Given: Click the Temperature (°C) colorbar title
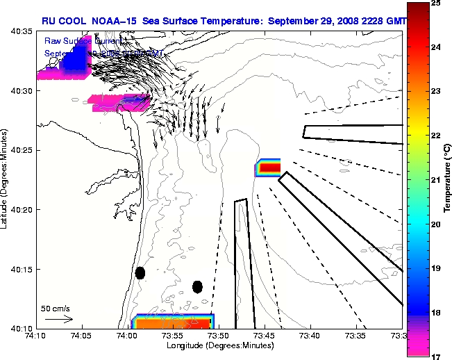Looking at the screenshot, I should tap(448, 180).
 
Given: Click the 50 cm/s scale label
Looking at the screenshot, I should tap(56, 308).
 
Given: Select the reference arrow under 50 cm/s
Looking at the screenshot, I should tap(59, 320).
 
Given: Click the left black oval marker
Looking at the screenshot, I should tap(140, 272).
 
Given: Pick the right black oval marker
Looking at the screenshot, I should tap(197, 286).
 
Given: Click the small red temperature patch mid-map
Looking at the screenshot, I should tap(269, 167).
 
